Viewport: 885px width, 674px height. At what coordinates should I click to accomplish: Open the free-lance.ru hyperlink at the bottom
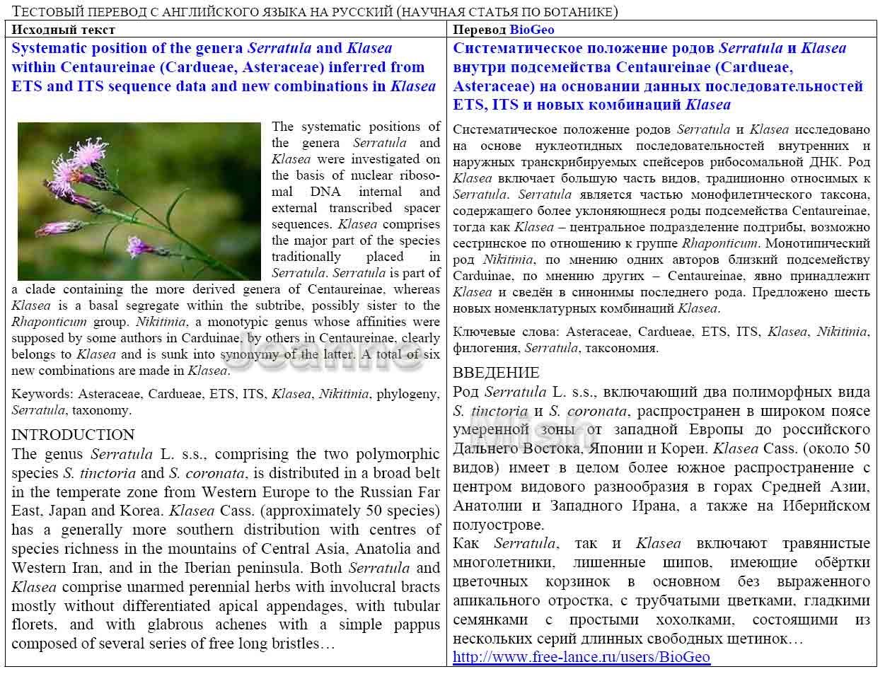pos(581,657)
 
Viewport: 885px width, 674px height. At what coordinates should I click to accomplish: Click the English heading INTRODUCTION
pos(73,435)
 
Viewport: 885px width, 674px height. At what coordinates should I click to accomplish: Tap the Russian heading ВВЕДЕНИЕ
pos(496,373)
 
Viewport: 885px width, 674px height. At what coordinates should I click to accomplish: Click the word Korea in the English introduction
pos(153,511)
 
